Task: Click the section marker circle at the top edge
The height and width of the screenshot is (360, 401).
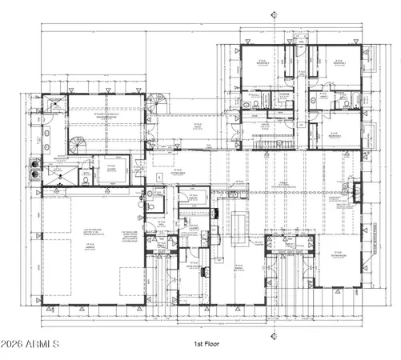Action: coord(275,14)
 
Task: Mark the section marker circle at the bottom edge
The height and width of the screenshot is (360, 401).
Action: coord(275,334)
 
